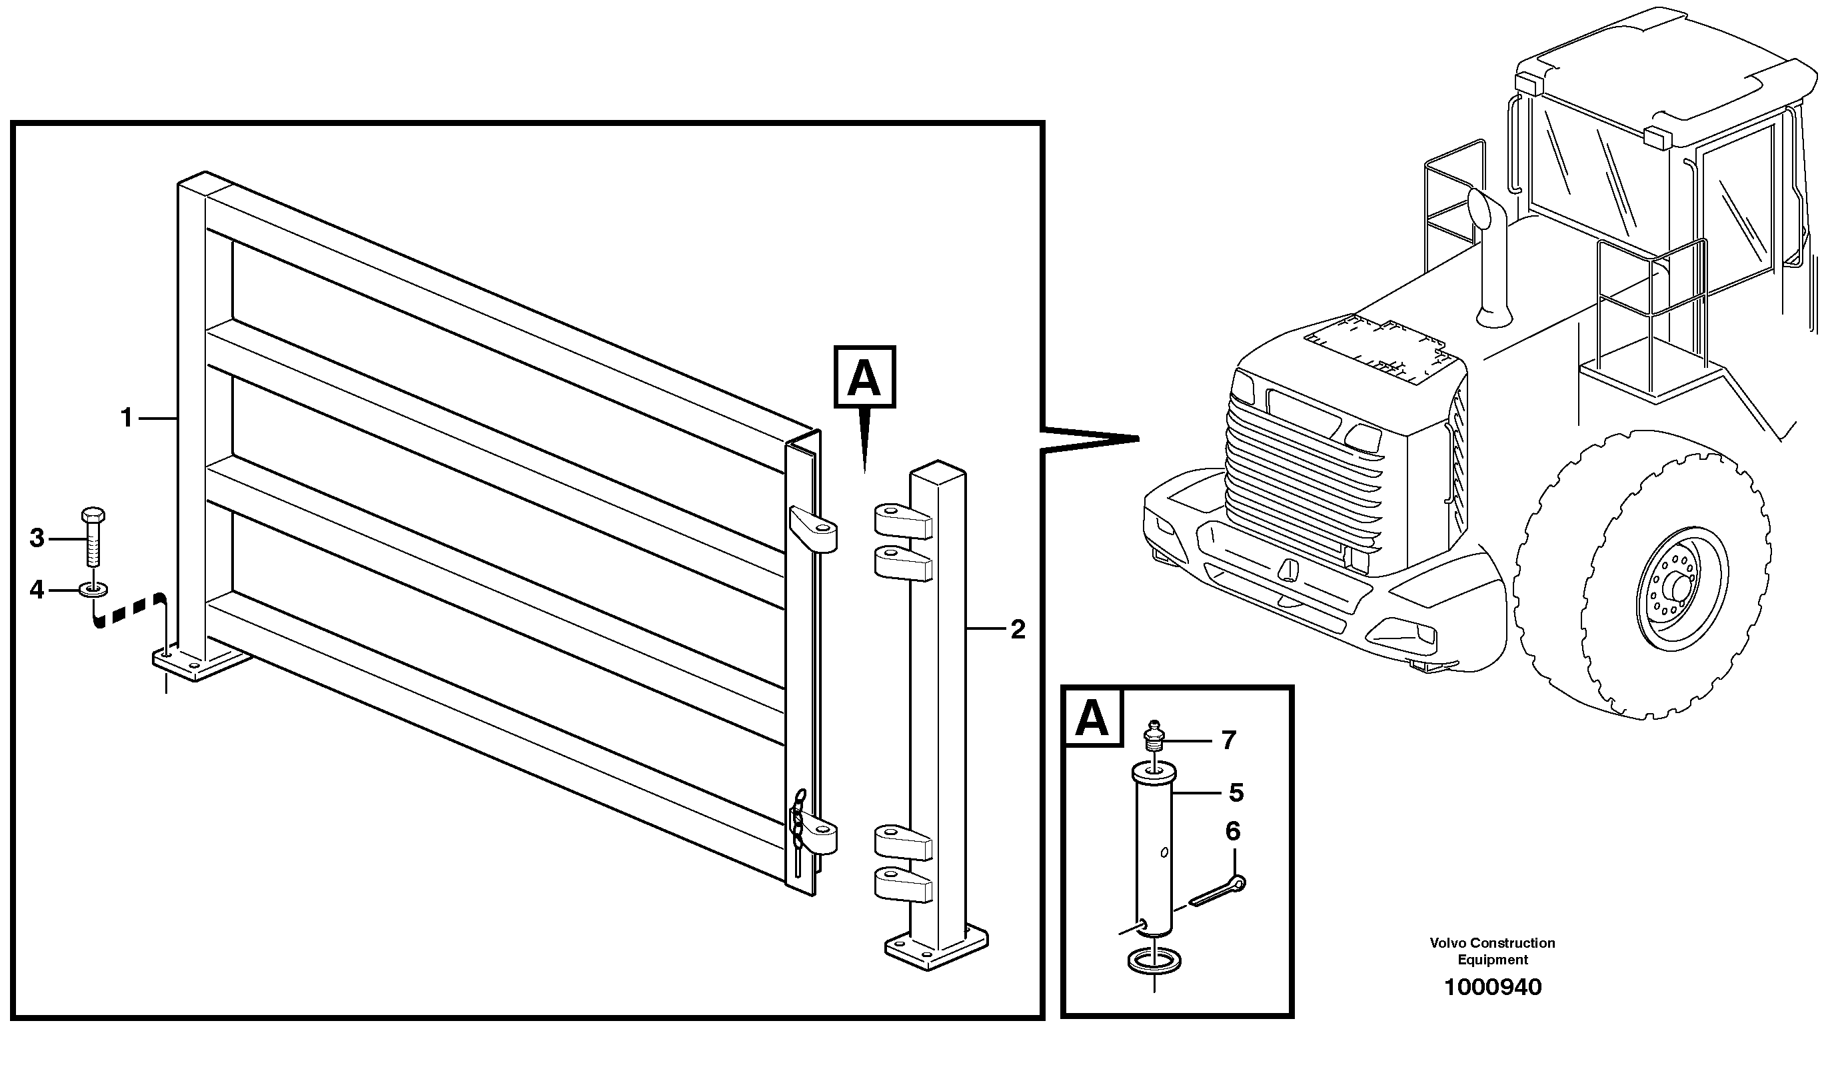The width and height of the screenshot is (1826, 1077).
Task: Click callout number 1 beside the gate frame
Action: click(x=126, y=419)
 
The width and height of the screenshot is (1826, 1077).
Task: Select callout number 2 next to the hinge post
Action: click(x=1018, y=630)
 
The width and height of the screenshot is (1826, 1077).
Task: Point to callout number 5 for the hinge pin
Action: click(x=1236, y=792)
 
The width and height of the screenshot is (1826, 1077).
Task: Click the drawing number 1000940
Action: click(x=1492, y=988)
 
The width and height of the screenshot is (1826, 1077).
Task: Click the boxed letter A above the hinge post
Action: click(x=865, y=377)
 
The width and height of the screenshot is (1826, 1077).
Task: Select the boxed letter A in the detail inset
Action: click(x=1092, y=718)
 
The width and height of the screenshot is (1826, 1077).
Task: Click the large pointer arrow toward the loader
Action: click(x=1088, y=439)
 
